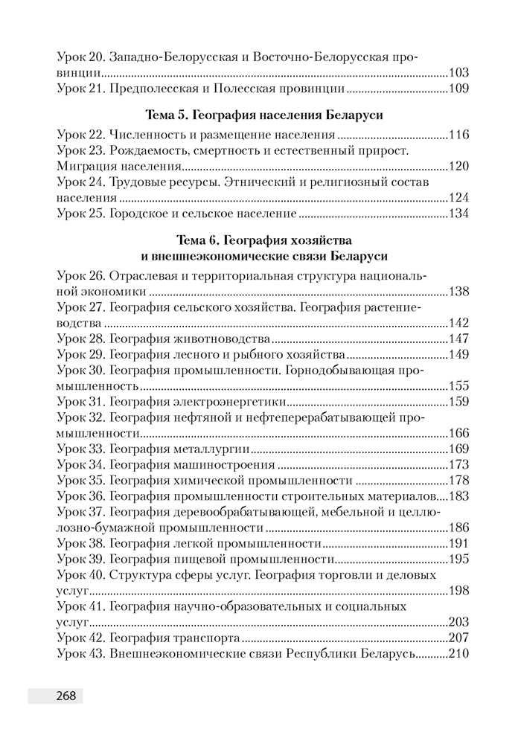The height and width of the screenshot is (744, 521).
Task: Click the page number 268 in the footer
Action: tap(65, 696)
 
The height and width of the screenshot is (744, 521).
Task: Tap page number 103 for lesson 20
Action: tap(458, 73)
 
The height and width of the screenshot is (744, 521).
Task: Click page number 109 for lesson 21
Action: tap(458, 89)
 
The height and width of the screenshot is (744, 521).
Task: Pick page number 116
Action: tap(458, 135)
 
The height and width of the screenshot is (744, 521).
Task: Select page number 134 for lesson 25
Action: tap(458, 214)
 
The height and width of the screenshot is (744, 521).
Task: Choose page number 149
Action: tap(458, 355)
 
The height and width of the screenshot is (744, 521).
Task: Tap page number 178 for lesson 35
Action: tap(458, 480)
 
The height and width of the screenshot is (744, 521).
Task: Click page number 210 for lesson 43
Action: tap(458, 654)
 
